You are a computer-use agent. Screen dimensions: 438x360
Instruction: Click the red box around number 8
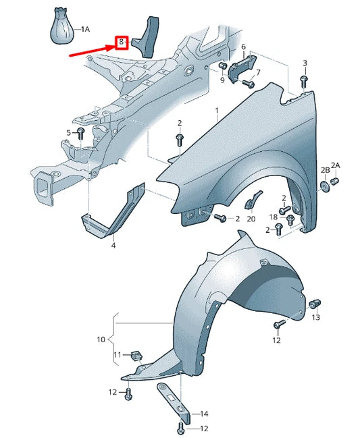point(122,42)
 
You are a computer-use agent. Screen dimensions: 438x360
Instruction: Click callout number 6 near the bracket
point(243,46)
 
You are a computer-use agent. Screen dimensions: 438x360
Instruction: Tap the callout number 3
point(305,63)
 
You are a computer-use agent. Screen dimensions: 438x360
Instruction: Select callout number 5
point(68,132)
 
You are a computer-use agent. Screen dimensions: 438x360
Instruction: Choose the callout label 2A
point(336,165)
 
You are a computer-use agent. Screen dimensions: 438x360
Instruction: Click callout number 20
point(251,219)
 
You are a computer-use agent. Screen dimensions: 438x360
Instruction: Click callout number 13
point(315,317)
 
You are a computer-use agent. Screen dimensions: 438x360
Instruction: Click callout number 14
point(205,413)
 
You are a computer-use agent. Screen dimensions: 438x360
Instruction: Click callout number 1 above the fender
point(217,109)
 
